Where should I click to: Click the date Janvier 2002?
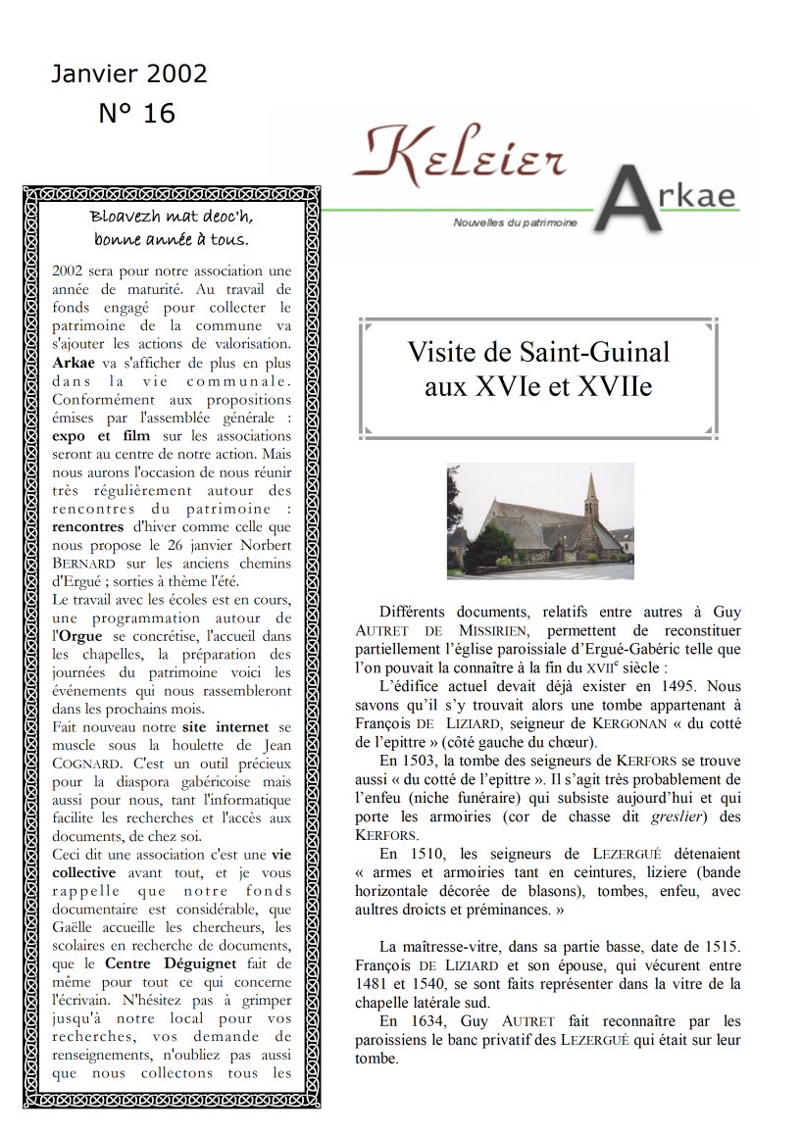tap(129, 74)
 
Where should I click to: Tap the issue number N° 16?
tap(137, 114)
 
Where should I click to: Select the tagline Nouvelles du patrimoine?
tap(515, 223)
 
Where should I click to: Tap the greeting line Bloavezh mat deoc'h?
tap(171, 217)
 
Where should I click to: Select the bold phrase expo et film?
tap(95, 435)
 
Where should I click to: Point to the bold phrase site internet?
tap(237, 727)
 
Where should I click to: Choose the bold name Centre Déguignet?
tap(161, 964)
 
